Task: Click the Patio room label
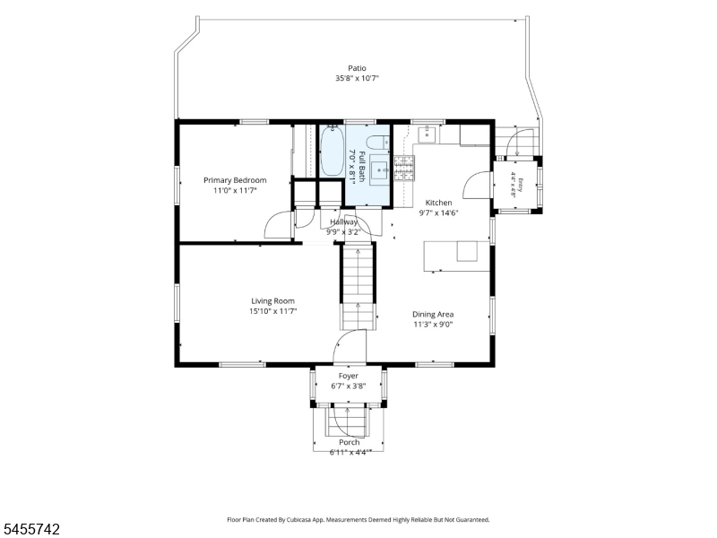pyautogui.click(x=357, y=68)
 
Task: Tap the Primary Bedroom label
pyautogui.click(x=235, y=180)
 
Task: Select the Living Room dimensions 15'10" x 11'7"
pyautogui.click(x=273, y=311)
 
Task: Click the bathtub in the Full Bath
pyautogui.click(x=332, y=151)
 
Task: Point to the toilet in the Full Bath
pyautogui.click(x=378, y=143)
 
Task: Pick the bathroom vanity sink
pyautogui.click(x=378, y=170)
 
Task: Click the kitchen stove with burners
pyautogui.click(x=404, y=168)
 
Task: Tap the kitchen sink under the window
pyautogui.click(x=428, y=134)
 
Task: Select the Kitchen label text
pyautogui.click(x=438, y=203)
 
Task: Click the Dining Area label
pyautogui.click(x=433, y=315)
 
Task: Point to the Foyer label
pyautogui.click(x=349, y=376)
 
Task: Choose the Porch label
pyautogui.click(x=349, y=442)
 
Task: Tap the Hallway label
pyautogui.click(x=344, y=221)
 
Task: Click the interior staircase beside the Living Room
pyautogui.click(x=358, y=287)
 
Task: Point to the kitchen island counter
pyautogui.click(x=457, y=256)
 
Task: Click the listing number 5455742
pyautogui.click(x=30, y=529)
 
